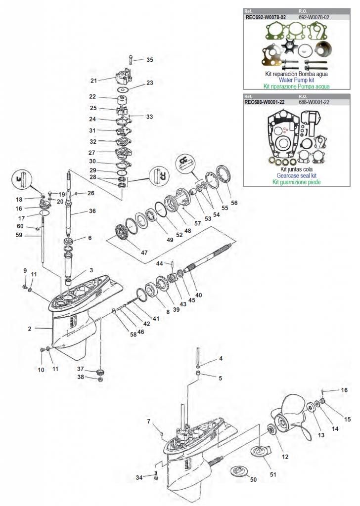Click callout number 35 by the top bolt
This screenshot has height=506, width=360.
pos(149,60)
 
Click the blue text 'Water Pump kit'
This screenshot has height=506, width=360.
pos(296,79)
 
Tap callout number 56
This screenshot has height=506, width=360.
pos(234,202)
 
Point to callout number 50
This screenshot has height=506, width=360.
pos(254,479)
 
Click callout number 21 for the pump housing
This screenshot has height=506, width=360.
pos(93,81)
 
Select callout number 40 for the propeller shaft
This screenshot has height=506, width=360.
pos(198,295)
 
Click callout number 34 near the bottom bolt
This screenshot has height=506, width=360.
pos(140,477)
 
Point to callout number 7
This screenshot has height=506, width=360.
pos(148,421)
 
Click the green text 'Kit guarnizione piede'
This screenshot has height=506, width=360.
pos(296,182)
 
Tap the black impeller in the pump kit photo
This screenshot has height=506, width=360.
pos(288,47)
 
